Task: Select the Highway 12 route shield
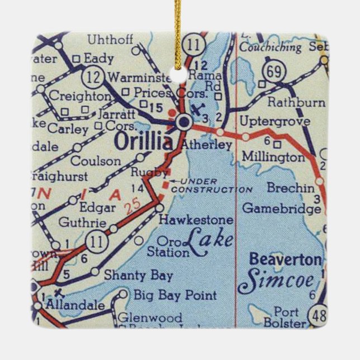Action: click(90, 74)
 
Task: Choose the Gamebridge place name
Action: click(281, 208)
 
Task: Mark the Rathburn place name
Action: click(296, 102)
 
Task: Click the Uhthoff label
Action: click(110, 40)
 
